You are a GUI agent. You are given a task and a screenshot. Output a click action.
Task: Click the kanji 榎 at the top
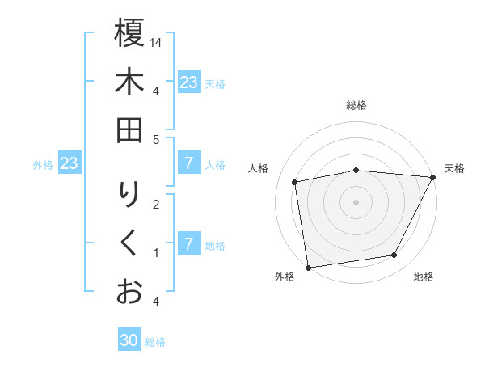click(129, 33)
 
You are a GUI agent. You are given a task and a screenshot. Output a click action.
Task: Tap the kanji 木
click(129, 82)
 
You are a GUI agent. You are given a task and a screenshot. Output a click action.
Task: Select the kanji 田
click(129, 130)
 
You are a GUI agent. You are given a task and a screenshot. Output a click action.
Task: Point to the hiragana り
click(129, 195)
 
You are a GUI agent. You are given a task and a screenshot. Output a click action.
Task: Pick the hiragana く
click(129, 243)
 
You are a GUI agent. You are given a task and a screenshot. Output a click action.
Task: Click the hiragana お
click(129, 291)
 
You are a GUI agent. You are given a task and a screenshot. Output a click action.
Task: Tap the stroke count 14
click(157, 42)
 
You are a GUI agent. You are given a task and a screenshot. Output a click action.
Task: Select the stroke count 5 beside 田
click(156, 139)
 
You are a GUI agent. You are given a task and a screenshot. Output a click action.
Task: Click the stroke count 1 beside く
click(156, 253)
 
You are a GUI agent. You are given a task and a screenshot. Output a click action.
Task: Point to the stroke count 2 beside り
click(156, 204)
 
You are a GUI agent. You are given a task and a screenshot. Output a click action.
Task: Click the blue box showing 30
click(129, 340)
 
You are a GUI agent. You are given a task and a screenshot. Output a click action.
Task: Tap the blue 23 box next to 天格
click(188, 82)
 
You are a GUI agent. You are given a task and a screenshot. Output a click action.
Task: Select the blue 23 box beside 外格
click(70, 164)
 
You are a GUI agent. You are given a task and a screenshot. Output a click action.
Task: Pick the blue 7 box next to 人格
click(188, 164)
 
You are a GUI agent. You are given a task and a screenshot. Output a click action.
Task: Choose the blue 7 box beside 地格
click(188, 243)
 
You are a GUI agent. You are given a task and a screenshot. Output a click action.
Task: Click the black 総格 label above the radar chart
click(356, 106)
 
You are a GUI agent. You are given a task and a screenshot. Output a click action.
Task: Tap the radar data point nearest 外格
click(308, 267)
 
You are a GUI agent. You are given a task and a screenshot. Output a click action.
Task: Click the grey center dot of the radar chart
click(356, 201)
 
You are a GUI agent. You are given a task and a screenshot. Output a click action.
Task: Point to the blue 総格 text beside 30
click(155, 342)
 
